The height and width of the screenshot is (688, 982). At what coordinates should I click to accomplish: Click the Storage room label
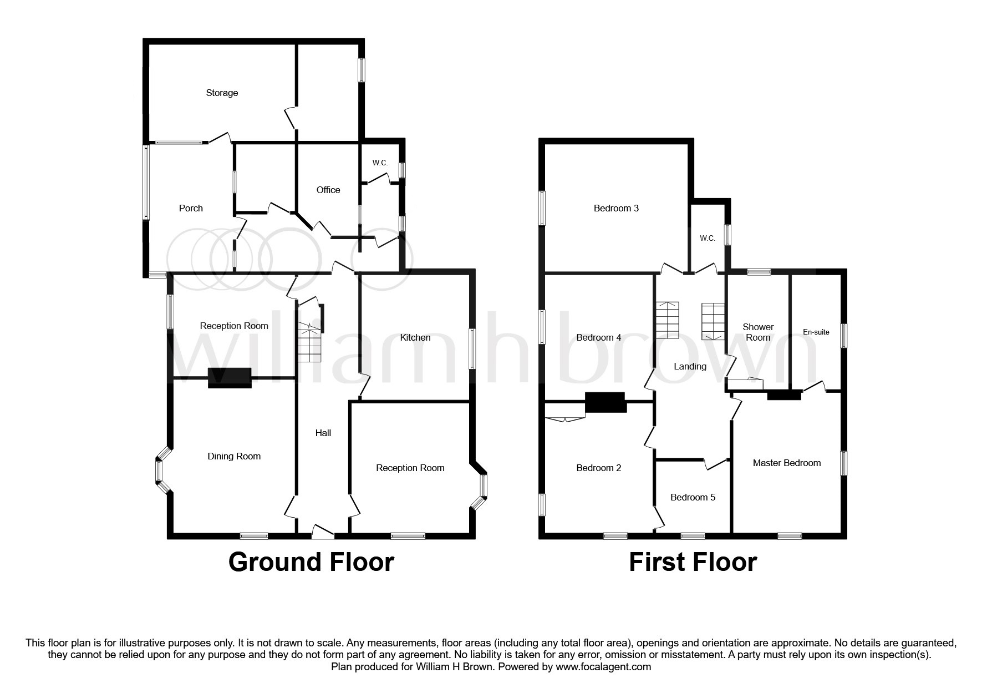pyautogui.click(x=222, y=93)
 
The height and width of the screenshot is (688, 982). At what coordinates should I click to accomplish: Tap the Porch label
pyautogui.click(x=191, y=208)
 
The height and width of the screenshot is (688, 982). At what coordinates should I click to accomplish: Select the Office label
pyautogui.click(x=328, y=190)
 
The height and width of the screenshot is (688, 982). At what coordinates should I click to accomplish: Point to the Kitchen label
pyautogui.click(x=415, y=337)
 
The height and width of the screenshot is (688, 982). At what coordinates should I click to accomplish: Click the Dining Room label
pyautogui.click(x=234, y=456)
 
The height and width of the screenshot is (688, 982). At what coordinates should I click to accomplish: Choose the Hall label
pyautogui.click(x=323, y=433)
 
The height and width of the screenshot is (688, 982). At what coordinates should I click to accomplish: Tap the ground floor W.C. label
pyautogui.click(x=380, y=163)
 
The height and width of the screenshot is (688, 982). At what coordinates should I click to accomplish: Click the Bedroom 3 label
pyautogui.click(x=616, y=208)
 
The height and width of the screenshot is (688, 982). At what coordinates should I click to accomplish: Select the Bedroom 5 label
pyautogui.click(x=693, y=497)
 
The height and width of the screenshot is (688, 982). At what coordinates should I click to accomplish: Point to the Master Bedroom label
pyautogui.click(x=786, y=463)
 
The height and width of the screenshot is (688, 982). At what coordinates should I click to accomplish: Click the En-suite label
pyautogui.click(x=816, y=332)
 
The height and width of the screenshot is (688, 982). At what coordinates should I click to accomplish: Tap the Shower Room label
pyautogui.click(x=758, y=332)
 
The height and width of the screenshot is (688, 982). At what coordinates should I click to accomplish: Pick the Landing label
pyautogui.click(x=690, y=366)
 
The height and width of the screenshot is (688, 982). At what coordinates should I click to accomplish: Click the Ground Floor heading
pyautogui.click(x=311, y=562)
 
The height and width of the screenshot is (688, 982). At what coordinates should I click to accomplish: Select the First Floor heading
pyautogui.click(x=693, y=562)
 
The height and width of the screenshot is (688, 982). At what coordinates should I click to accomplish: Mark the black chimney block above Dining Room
pyautogui.click(x=230, y=378)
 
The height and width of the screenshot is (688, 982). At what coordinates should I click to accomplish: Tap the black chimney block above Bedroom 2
pyautogui.click(x=606, y=402)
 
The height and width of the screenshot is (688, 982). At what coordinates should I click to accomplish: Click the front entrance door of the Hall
pyautogui.click(x=323, y=533)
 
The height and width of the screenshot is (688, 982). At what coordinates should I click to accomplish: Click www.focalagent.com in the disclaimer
pyautogui.click(x=603, y=667)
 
